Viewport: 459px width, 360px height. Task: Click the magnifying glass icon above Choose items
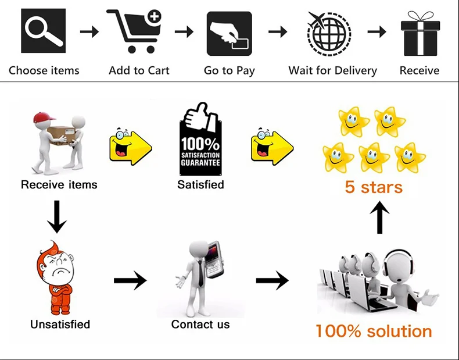point(44,32)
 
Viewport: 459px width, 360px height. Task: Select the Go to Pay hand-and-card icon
point(229,33)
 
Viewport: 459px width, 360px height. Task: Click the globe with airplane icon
point(328,33)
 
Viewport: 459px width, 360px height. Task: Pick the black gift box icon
point(419,34)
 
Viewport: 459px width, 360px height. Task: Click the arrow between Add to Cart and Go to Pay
point(184,32)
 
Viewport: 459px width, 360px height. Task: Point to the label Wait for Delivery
point(332,71)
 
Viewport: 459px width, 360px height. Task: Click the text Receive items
point(59,185)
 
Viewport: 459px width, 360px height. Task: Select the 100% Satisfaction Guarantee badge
point(200,140)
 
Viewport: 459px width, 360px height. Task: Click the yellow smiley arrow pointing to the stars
point(272,144)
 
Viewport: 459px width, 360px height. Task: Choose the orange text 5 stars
point(373,187)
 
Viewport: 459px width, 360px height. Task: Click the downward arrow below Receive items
point(56,216)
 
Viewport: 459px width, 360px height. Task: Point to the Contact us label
point(200,325)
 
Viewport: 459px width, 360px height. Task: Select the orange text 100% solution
point(374,332)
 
